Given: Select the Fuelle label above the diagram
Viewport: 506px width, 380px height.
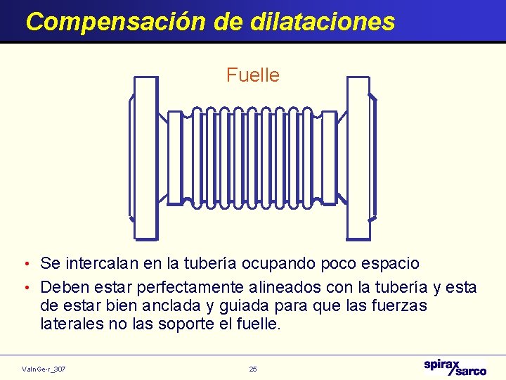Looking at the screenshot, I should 253,75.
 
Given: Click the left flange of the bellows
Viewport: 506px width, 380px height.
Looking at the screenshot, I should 145,158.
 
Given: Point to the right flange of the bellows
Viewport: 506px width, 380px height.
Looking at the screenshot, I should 358,158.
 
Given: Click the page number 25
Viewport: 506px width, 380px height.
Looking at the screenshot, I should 253,369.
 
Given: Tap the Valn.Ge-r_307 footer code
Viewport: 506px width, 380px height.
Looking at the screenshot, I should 44,369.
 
